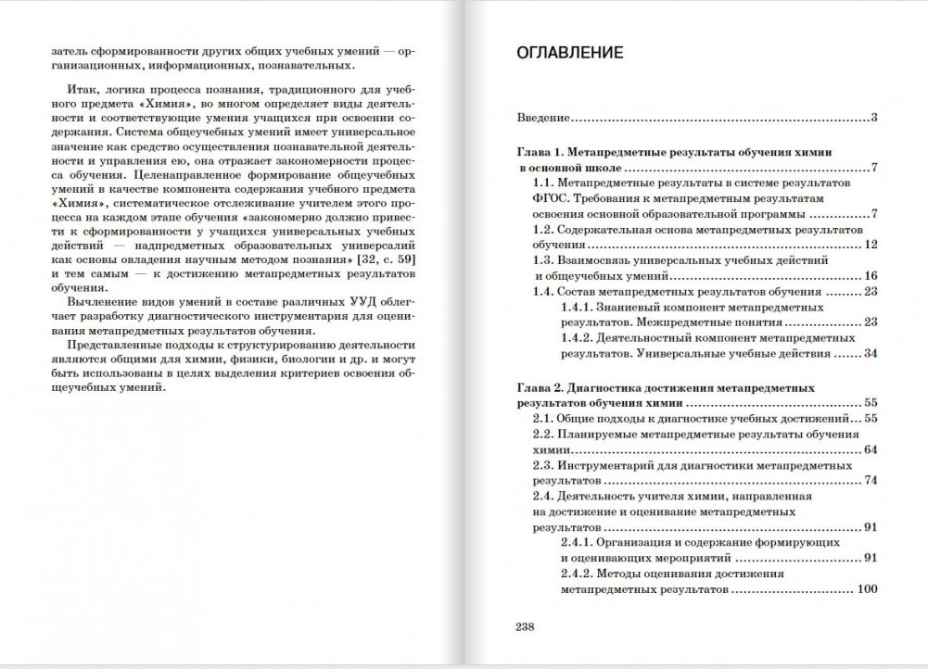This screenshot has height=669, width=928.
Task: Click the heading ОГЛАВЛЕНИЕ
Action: point(569,53)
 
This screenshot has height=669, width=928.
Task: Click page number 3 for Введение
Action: point(874,118)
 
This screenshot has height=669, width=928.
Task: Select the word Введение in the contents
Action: point(542,118)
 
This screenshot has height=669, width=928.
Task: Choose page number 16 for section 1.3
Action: point(870,275)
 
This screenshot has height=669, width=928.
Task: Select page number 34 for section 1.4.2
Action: point(870,353)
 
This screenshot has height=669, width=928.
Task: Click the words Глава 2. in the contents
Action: point(541,388)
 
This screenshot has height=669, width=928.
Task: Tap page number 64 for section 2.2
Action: point(870,449)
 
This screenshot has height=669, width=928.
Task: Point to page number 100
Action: point(867,588)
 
